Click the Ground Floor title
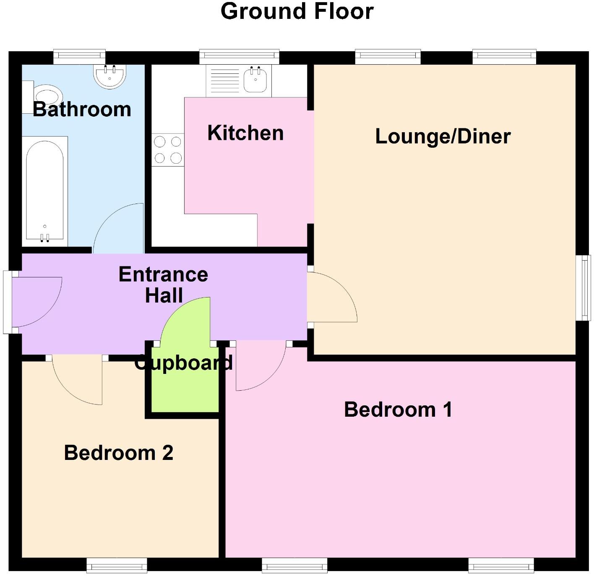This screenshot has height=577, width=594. click(297, 12)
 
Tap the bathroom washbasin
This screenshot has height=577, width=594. click(109, 76)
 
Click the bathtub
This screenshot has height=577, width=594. click(44, 191)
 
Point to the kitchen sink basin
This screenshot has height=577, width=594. click(255, 79)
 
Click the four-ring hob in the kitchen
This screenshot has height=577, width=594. click(168, 150)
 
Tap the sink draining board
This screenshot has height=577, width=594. click(224, 80)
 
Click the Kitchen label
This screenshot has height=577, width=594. click(245, 133)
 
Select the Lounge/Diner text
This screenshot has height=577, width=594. click(443, 136)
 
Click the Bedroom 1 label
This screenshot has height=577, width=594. click(398, 410)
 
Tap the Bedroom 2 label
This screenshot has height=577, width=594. click(118, 453)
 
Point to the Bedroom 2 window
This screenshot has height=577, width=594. click(117, 565)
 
